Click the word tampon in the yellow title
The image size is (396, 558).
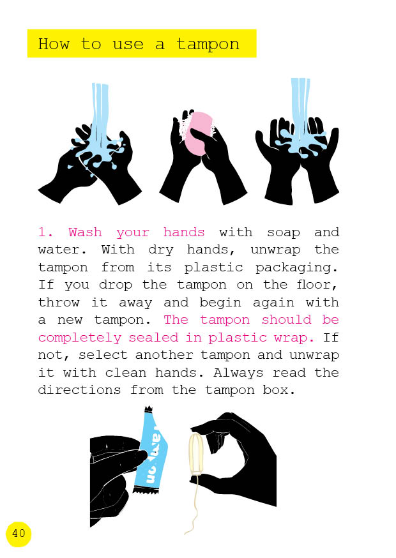click(208, 45)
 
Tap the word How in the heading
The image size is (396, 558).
click(54, 44)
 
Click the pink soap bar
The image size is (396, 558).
click(197, 133)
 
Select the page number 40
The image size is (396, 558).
click(19, 534)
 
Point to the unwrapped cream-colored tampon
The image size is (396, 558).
click(195, 454)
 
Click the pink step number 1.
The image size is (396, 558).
click(45, 232)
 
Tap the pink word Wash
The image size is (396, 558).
click(85, 232)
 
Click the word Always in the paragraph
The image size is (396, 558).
click(238, 373)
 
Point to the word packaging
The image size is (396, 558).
click(296, 268)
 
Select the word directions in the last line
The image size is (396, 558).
click(79, 390)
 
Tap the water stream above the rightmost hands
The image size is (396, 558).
click(300, 107)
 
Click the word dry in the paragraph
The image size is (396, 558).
click(160, 250)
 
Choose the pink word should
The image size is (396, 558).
click(287, 320)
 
